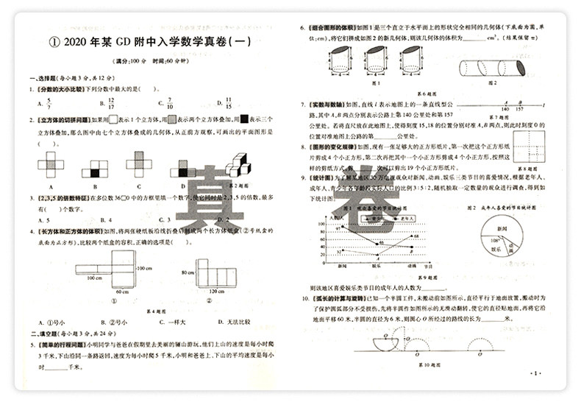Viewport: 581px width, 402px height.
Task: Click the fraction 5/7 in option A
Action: (49, 102)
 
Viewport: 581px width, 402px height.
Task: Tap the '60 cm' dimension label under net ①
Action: (121, 292)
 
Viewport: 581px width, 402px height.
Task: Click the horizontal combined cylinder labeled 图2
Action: (492, 68)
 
